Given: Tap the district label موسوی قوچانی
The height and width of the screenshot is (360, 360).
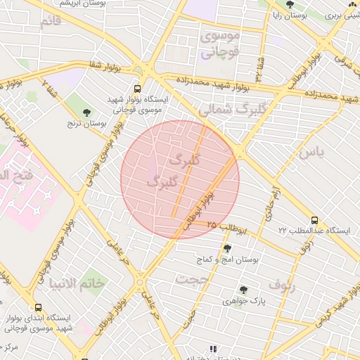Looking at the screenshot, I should [221, 43].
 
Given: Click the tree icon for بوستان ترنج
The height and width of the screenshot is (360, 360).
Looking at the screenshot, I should [87, 112].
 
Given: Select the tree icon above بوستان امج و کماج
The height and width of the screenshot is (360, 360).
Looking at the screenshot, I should [226, 248].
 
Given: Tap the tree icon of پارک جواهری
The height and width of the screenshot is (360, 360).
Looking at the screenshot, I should [243, 290].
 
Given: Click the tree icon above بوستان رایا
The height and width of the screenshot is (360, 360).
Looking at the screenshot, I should [289, 4].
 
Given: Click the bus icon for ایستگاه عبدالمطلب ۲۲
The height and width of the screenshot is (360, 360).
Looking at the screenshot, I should [315, 219].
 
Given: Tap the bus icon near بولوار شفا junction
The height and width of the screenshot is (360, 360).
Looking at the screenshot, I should [137, 89].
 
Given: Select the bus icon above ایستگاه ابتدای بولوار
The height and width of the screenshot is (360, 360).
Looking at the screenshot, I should [37, 307].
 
